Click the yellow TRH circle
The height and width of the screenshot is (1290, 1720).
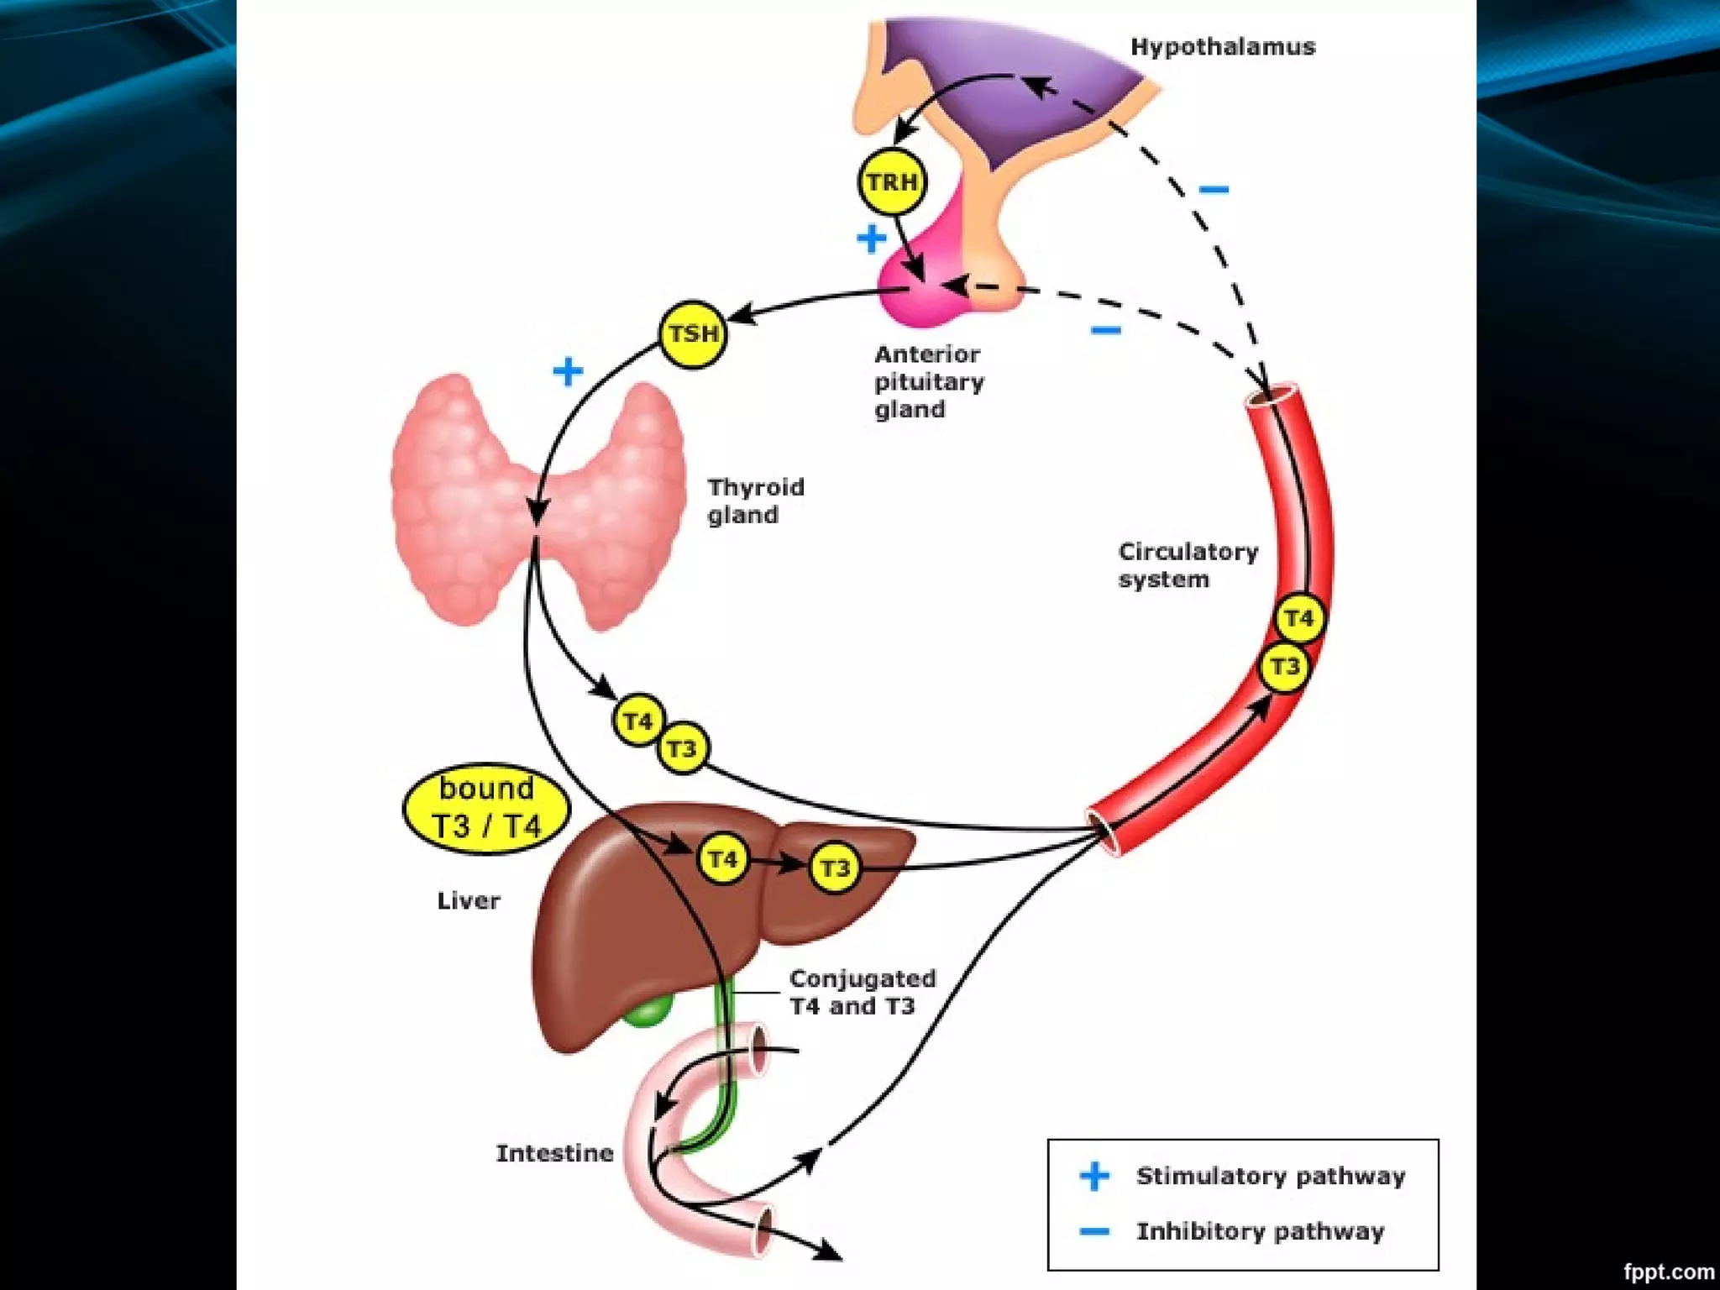(x=892, y=181)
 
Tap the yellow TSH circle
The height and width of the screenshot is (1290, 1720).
(x=692, y=334)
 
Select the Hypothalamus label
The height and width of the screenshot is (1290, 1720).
(x=1223, y=47)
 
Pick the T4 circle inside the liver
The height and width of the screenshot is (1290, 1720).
(x=722, y=859)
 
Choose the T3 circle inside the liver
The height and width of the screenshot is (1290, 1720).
(x=834, y=868)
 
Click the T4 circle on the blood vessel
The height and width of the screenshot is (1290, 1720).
(x=1298, y=619)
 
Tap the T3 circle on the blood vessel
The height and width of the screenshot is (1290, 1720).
(x=1284, y=668)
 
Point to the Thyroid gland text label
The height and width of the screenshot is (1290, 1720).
(x=755, y=501)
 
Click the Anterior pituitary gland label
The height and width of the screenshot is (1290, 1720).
(x=928, y=382)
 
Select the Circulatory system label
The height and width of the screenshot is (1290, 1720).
(x=1187, y=565)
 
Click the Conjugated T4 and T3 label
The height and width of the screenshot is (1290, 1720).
(x=862, y=992)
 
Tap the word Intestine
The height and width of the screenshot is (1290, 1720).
(x=554, y=1153)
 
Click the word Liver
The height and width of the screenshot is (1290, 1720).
(x=468, y=901)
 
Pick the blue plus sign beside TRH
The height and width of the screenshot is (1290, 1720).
(x=872, y=239)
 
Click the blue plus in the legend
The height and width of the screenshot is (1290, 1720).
(x=1094, y=1176)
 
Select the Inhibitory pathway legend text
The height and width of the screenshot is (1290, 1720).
(x=1260, y=1231)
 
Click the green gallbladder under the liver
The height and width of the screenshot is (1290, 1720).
(x=649, y=1010)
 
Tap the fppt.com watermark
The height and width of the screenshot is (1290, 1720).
(x=1668, y=1272)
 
